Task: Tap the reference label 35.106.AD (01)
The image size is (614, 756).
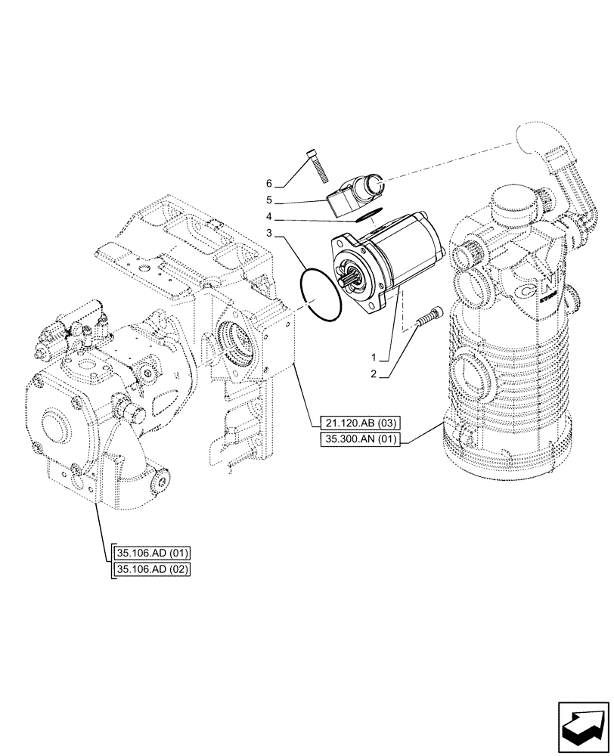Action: tap(150, 552)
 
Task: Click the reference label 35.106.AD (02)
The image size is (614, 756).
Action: tap(150, 569)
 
